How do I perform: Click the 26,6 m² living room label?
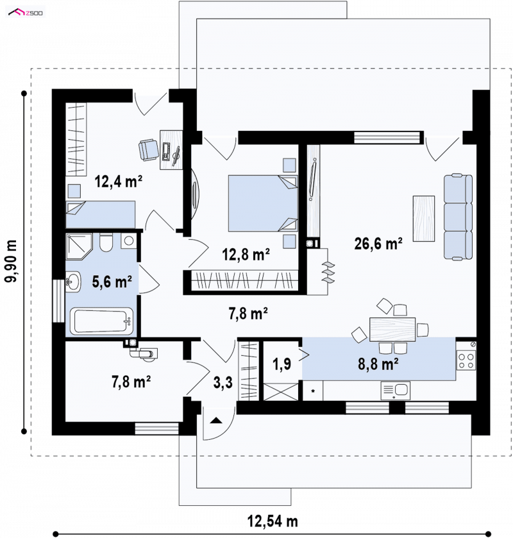pos(378,244)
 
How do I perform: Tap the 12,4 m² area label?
pos(119,181)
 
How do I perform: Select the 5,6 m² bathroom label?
pos(112,282)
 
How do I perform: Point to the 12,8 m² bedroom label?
pos(246,254)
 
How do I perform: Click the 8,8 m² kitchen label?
pos(378,364)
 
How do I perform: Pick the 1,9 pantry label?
pos(282,364)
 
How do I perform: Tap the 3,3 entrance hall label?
pos(223,382)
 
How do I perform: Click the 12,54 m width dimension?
pos(273,521)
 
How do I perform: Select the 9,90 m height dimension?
pos(11,262)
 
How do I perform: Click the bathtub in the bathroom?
pos(101,321)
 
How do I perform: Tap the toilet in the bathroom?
pos(106,242)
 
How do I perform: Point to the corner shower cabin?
pos(79,246)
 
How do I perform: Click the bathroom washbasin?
pos(73,282)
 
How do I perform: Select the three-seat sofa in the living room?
pos(458,217)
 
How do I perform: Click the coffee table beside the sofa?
pos(424,219)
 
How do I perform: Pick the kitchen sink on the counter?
pos(395,391)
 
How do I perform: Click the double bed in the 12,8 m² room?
pos(263,203)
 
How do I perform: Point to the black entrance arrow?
pos(216,420)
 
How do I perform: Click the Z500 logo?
pos(26,13)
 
